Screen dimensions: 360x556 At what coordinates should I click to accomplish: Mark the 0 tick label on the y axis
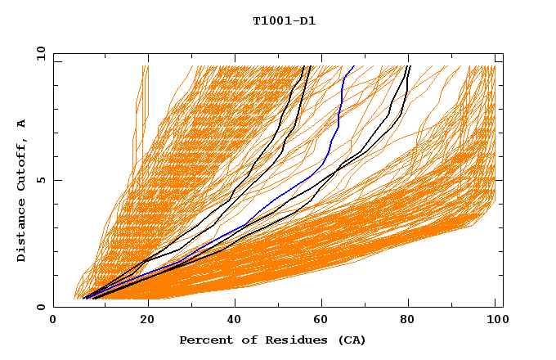(42, 308)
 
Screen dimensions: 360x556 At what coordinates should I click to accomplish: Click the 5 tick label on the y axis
(42, 180)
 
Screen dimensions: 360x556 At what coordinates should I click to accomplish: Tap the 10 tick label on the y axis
(39, 53)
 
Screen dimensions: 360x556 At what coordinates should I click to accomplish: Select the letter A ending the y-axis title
(21, 124)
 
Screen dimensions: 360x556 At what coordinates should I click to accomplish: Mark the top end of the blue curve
(354, 66)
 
